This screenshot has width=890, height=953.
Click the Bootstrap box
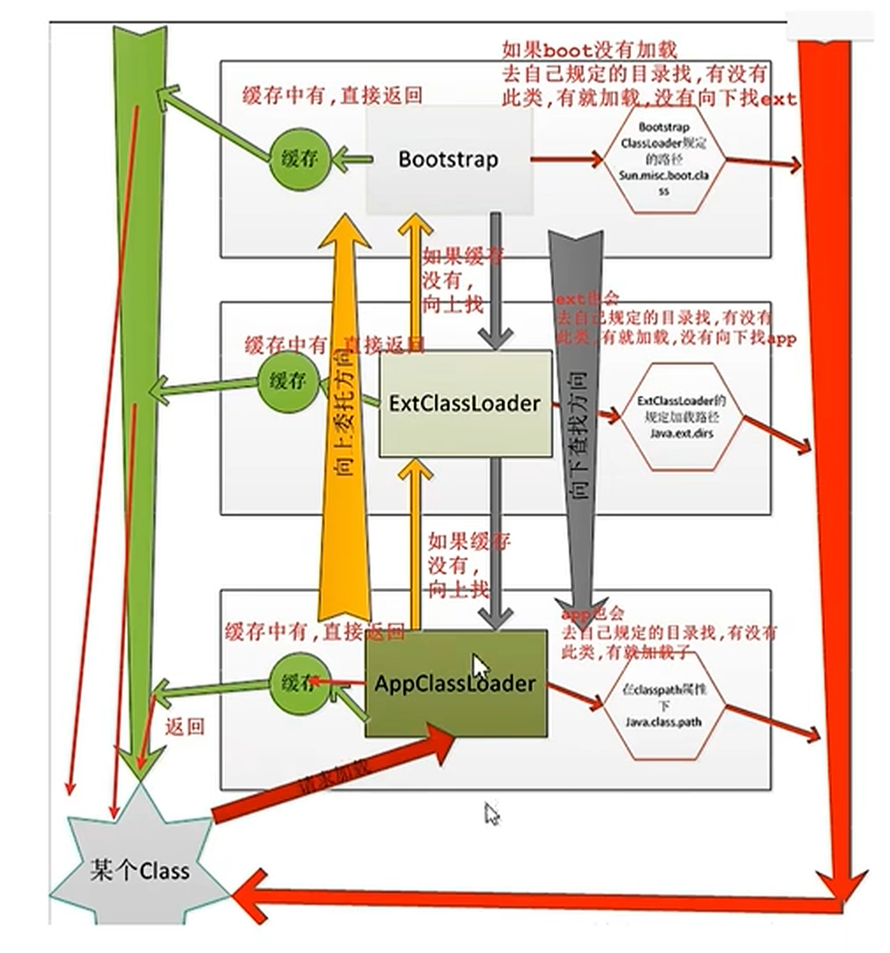(x=448, y=161)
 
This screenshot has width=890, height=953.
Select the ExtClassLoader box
(x=466, y=403)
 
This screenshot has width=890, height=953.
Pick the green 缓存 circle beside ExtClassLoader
(x=287, y=382)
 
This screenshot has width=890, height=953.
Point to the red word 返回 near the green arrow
(x=185, y=727)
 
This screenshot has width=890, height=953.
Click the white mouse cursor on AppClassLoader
(x=480, y=666)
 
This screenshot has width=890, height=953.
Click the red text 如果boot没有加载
(x=590, y=50)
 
